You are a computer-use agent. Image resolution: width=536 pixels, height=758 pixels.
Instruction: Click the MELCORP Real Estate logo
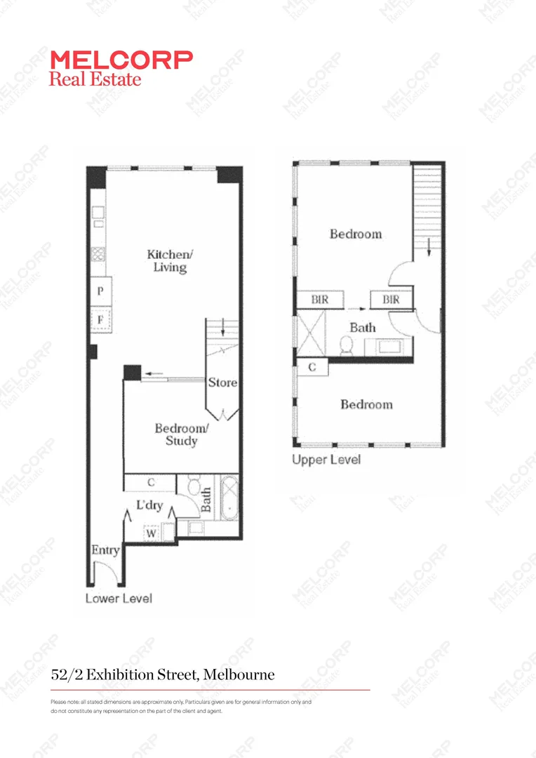tap(120, 68)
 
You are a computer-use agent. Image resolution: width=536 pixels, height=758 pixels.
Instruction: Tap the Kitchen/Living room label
tap(169, 260)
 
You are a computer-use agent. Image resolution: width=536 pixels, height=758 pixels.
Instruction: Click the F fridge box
tap(101, 320)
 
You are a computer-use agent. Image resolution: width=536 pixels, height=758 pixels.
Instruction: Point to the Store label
tap(222, 383)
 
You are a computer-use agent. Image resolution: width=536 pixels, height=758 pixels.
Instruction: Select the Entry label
tap(105, 550)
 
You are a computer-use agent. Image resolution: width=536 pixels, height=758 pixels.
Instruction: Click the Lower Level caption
tap(119, 599)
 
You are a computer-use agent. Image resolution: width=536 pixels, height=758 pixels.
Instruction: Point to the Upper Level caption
tap(326, 460)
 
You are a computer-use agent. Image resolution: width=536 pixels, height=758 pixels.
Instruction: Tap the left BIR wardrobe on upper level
tap(320, 300)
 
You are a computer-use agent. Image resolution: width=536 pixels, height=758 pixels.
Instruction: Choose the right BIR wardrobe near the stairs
tap(391, 300)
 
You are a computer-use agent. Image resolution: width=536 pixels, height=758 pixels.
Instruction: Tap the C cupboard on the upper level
tap(311, 367)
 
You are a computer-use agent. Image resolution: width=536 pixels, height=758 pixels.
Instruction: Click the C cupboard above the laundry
tap(150, 483)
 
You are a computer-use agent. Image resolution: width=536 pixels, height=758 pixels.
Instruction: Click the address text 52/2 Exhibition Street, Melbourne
tap(163, 675)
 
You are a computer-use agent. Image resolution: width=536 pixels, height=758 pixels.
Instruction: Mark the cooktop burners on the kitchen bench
tap(98, 255)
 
